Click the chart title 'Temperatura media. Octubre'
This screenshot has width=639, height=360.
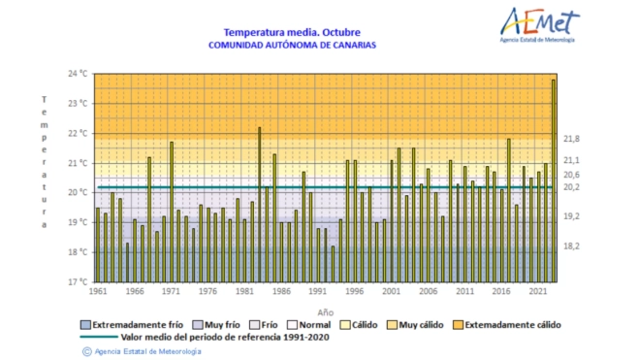pyautogui.click(x=292, y=31)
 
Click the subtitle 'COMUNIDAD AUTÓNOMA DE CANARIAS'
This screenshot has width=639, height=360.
pyautogui.click(x=292, y=45)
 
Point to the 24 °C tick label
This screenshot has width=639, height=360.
pyautogui.click(x=78, y=74)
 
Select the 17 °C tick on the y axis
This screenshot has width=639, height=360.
pyautogui.click(x=78, y=281)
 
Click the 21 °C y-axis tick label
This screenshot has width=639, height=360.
pyautogui.click(x=78, y=163)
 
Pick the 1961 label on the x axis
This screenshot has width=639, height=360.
pyautogui.click(x=97, y=291)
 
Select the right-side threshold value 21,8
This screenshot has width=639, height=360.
pyautogui.click(x=572, y=139)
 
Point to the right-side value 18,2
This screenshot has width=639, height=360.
pyautogui.click(x=572, y=246)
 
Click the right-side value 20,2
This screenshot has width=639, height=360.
pyautogui.click(x=572, y=186)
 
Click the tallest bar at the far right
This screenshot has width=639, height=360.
pyautogui.click(x=553, y=180)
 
